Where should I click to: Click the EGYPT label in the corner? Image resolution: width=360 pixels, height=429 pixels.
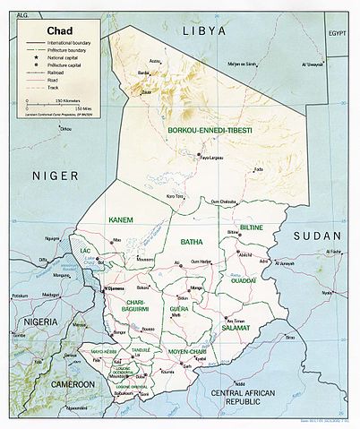[x=336, y=33]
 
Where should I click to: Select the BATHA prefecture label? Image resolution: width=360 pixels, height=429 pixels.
[x=192, y=242]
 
